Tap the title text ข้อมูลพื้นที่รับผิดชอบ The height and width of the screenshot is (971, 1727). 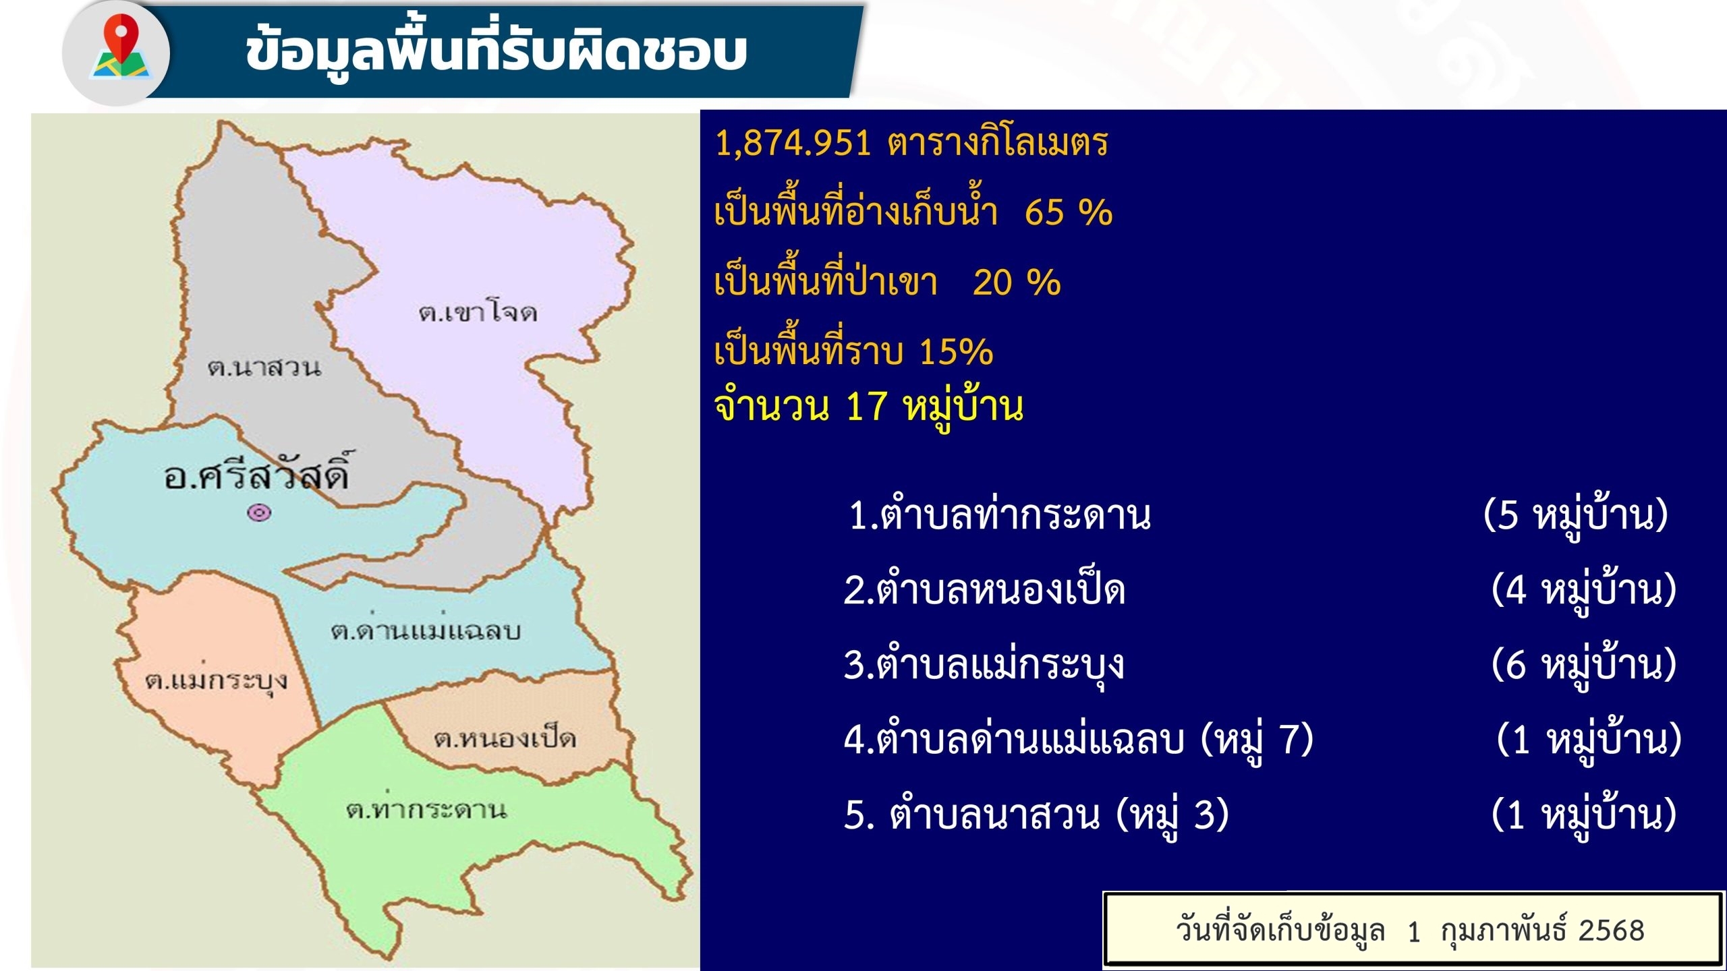click(x=496, y=51)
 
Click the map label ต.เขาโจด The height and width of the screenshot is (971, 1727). click(x=478, y=312)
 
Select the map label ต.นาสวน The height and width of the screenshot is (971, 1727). click(x=264, y=367)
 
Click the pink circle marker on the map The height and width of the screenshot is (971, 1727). click(x=260, y=513)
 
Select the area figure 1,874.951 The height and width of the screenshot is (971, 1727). click(x=793, y=143)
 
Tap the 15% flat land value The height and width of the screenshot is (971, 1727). click(x=956, y=351)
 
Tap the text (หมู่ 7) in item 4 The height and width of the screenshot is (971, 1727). click(x=1257, y=740)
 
